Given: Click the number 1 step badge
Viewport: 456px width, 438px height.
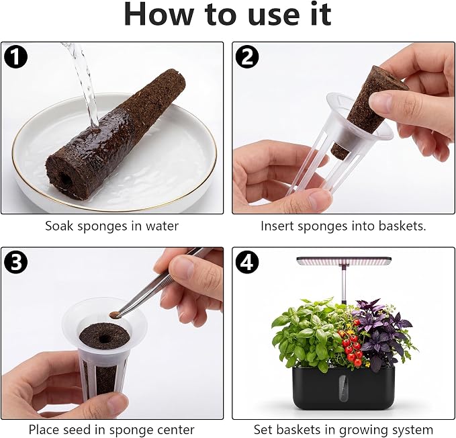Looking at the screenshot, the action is coord(15,56).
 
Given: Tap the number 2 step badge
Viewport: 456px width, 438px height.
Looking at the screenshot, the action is coord(247,56).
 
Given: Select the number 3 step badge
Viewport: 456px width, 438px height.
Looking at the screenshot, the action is coord(15,262).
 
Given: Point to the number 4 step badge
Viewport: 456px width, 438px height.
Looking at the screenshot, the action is coord(247,262).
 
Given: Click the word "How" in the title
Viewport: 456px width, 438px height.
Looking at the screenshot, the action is coord(158,14).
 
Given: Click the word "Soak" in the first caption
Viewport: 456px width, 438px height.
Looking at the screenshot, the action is coord(60,226).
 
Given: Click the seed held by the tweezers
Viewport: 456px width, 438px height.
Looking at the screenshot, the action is coord(114,314).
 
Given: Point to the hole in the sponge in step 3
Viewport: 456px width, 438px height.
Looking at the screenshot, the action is coord(104,339).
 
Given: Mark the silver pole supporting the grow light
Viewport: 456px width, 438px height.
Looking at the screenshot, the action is coord(345,284).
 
